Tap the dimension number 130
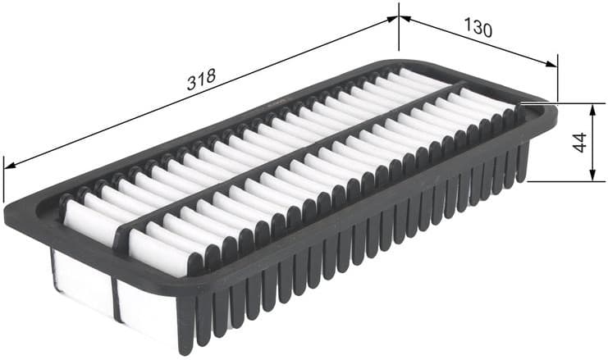click(478, 30)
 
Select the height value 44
click(580, 142)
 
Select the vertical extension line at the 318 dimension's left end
click(4, 180)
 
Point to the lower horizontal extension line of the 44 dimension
click(566, 181)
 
